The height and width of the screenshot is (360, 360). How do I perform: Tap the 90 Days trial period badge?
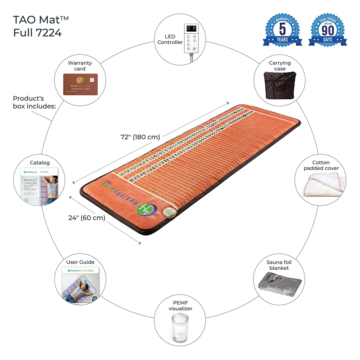328,30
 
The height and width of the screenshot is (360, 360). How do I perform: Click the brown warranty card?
80,84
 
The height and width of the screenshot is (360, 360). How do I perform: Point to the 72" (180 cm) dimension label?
140,137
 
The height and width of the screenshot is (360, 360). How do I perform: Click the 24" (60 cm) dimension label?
87,217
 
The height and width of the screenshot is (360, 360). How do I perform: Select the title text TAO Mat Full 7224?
37,26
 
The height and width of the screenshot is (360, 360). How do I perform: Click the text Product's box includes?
34,102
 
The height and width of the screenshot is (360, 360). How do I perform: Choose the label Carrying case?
280,66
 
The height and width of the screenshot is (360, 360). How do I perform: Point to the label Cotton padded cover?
321,166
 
